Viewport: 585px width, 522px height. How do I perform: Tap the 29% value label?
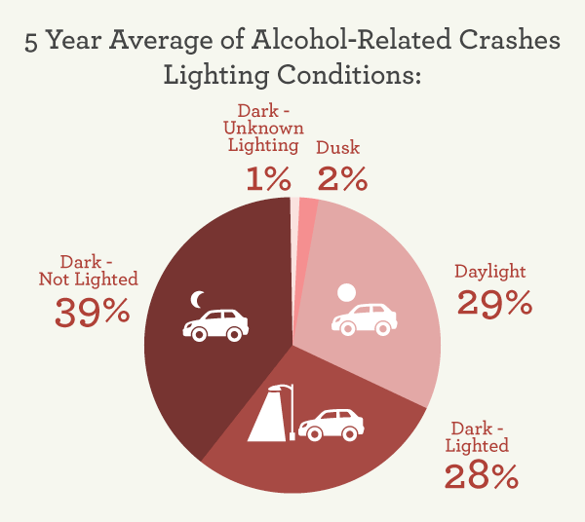click(494, 302)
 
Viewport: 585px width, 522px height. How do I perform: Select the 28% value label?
click(481, 476)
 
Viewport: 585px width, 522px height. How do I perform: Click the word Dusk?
click(337, 148)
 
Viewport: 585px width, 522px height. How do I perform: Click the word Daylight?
click(490, 271)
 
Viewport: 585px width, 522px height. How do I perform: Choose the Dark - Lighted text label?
click(478, 436)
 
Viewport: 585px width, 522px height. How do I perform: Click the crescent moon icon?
click(198, 298)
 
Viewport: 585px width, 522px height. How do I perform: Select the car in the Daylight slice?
click(365, 318)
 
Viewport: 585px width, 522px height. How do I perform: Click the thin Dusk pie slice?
click(306, 212)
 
